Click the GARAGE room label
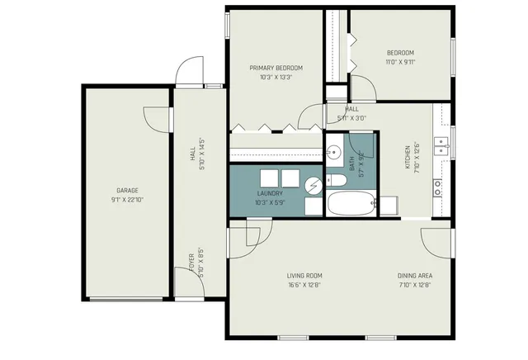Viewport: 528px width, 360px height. (x=126, y=190)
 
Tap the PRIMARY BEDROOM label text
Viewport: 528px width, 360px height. (x=276, y=68)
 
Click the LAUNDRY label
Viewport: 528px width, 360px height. (x=271, y=193)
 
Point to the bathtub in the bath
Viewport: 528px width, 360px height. (x=351, y=203)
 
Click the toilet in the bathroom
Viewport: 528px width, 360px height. (x=337, y=180)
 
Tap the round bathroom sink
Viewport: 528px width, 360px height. (x=334, y=152)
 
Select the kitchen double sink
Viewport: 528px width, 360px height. (x=443, y=147)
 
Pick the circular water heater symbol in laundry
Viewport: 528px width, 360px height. (x=313, y=187)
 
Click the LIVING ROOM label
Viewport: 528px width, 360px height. (x=304, y=276)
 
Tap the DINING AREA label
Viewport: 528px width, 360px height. (x=416, y=276)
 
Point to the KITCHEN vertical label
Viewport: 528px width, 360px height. (x=407, y=157)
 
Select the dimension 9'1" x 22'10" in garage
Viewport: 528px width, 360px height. (x=126, y=200)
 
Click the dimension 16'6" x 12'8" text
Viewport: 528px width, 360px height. (x=304, y=286)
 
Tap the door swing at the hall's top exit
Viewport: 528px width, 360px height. (x=189, y=72)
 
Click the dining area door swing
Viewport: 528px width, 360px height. (x=436, y=240)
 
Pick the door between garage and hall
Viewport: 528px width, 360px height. (x=158, y=118)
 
